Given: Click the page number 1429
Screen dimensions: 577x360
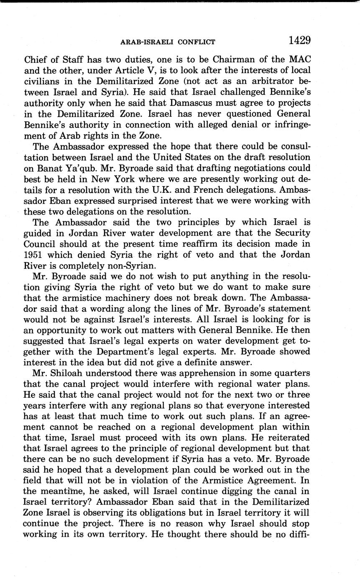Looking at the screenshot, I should [x=299, y=40].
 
